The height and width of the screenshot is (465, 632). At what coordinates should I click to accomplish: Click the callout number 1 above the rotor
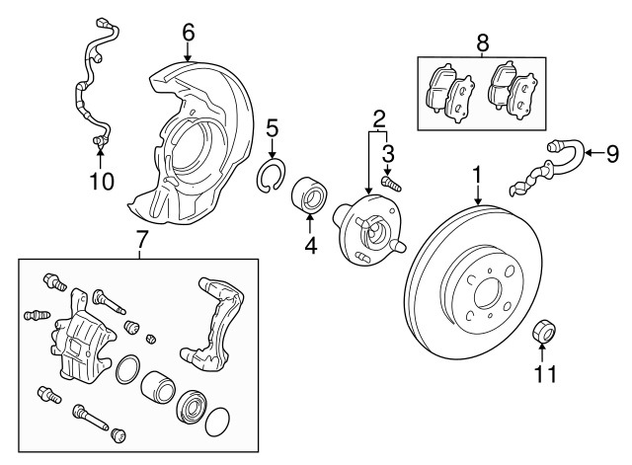pos(477,175)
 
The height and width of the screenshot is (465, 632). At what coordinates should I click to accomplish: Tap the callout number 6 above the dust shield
pos(188,32)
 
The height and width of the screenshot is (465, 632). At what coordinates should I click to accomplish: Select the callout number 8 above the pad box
pos(482,42)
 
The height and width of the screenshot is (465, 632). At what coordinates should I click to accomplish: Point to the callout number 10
pos(102,181)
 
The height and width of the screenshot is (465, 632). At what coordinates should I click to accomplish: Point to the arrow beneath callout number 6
pos(188,51)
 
